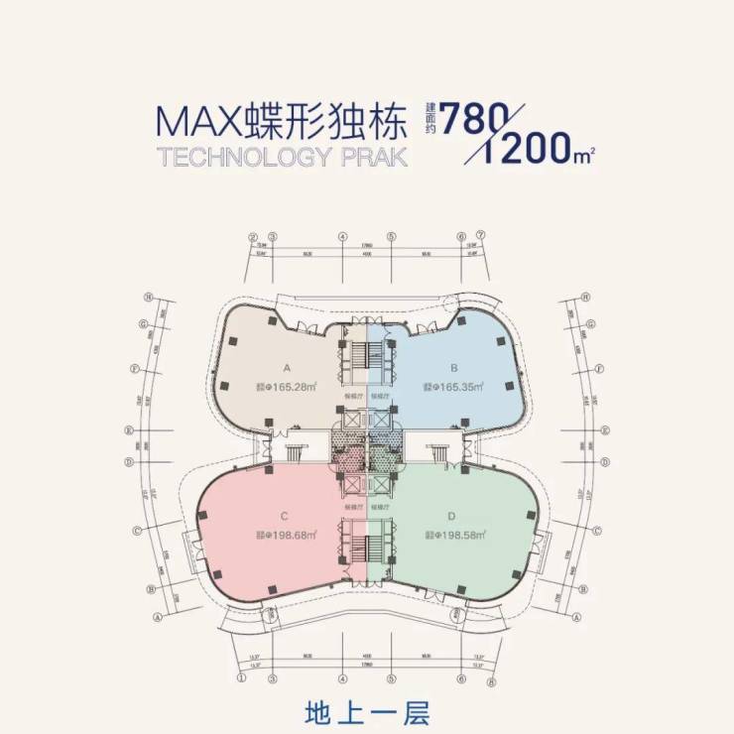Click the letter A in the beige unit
tap(286, 365)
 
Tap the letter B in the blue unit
tap(451, 365)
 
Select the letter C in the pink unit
tap(284, 515)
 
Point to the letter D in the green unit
tap(451, 515)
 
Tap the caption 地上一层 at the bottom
tap(366, 713)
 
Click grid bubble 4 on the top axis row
tap(342, 237)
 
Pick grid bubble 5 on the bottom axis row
tap(392, 681)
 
